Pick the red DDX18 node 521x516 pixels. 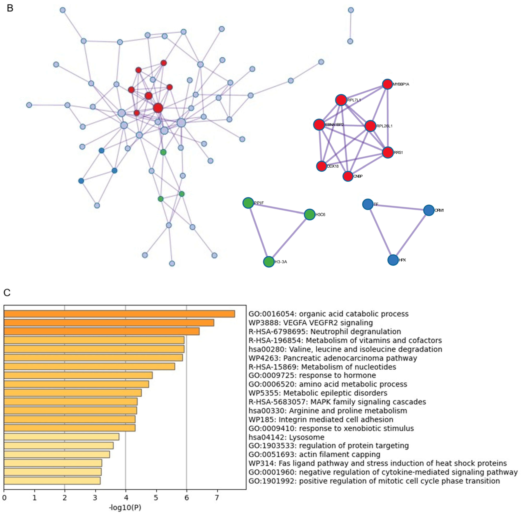[x=321, y=166]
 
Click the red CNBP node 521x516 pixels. [x=348, y=176]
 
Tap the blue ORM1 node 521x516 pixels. [x=429, y=210]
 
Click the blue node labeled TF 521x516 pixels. [x=368, y=204]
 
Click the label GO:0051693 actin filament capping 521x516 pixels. [x=314, y=455]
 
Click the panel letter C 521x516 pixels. [x=7, y=292]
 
